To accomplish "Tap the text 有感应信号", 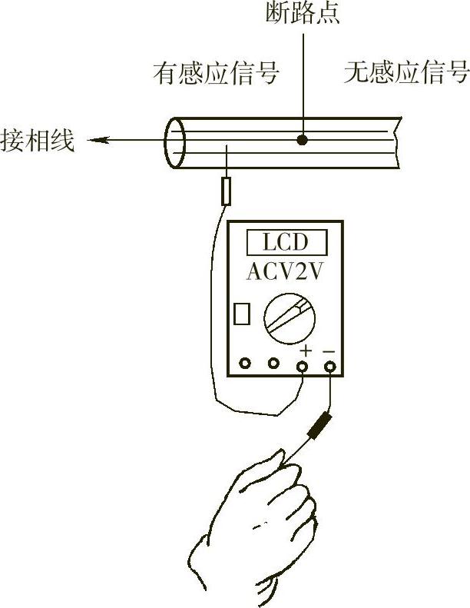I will click(216, 74).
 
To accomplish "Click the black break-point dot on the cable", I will click(303, 141).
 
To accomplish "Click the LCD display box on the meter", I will click(285, 243).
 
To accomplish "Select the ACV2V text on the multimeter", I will click(285, 272).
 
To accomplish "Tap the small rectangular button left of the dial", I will click(242, 314).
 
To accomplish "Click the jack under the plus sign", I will click(303, 366).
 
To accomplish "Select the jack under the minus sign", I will click(330, 366).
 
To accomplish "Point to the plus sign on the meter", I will click(305, 351).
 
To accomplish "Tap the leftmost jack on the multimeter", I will click(245, 364).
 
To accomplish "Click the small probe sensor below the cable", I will click(226, 190).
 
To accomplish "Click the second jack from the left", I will click(273, 364).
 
